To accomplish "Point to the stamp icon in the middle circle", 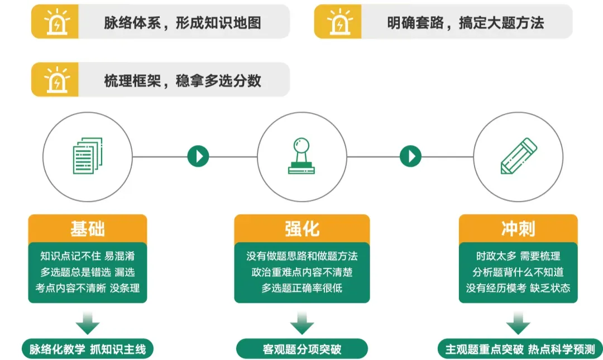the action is pyautogui.click(x=301, y=155).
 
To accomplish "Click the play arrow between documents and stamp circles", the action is pyautogui.click(x=198, y=156).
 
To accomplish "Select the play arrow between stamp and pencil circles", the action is pyautogui.click(x=410, y=156).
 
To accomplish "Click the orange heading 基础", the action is pyautogui.click(x=88, y=229).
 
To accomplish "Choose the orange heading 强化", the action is pyautogui.click(x=301, y=229).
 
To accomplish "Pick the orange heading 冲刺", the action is pyautogui.click(x=518, y=229).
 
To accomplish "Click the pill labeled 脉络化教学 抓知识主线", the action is pyautogui.click(x=88, y=349).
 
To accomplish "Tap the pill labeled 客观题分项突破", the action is pyautogui.click(x=301, y=349).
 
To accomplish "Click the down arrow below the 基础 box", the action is pyautogui.click(x=88, y=323).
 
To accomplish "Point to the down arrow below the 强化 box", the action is pyautogui.click(x=301, y=323).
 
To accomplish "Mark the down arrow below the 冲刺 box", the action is pyautogui.click(x=518, y=323).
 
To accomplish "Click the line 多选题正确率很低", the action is pyautogui.click(x=301, y=288).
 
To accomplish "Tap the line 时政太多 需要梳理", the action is pyautogui.click(x=518, y=256).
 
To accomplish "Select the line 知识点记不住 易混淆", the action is pyautogui.click(x=88, y=256).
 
